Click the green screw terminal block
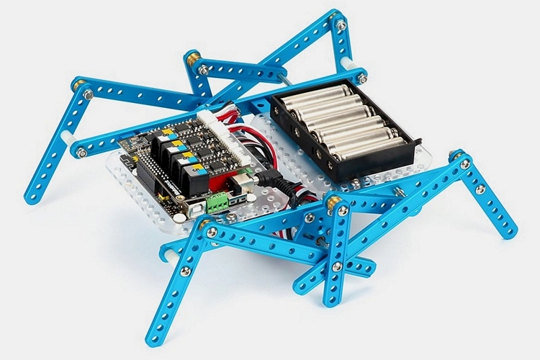(217, 204)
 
